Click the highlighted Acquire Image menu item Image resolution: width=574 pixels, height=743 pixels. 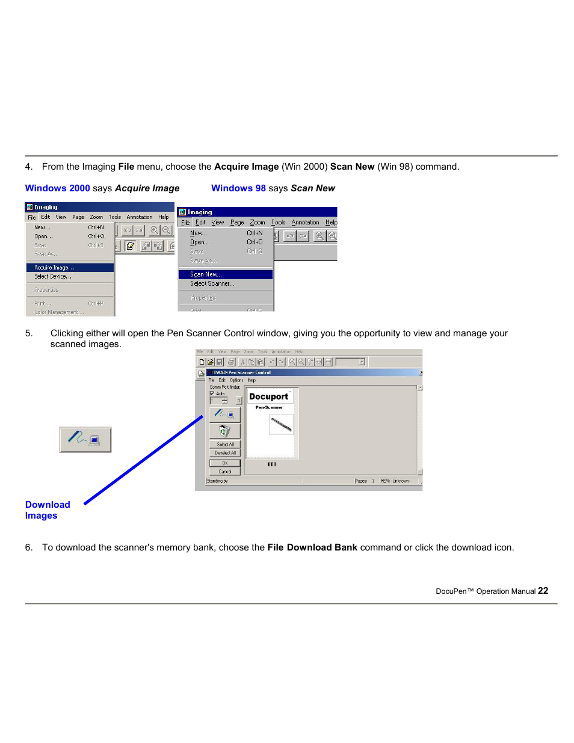54,268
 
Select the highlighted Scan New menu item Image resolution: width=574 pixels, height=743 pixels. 206,274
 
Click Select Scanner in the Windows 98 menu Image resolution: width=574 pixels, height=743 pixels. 212,283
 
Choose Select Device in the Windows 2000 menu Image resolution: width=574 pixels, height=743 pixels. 53,277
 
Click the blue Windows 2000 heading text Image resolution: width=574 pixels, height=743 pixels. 57,188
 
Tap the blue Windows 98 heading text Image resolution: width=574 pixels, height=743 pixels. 238,188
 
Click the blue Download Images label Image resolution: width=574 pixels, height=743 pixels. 47,510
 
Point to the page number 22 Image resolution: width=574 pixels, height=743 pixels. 543,591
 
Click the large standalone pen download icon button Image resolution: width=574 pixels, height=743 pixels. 85,440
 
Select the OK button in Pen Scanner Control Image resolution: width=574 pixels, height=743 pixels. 224,463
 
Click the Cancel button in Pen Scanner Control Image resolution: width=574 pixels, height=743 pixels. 224,472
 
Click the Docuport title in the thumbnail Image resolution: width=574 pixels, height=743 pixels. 268,396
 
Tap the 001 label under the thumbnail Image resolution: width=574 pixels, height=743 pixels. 272,464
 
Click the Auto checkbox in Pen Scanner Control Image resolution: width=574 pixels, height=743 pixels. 212,393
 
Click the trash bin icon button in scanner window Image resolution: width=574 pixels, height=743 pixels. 224,431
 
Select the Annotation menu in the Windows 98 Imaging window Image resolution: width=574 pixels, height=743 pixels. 305,223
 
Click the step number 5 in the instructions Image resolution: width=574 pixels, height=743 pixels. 29,333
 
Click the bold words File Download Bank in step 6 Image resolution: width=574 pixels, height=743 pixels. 312,547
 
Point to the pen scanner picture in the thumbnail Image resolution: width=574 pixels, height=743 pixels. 281,425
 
